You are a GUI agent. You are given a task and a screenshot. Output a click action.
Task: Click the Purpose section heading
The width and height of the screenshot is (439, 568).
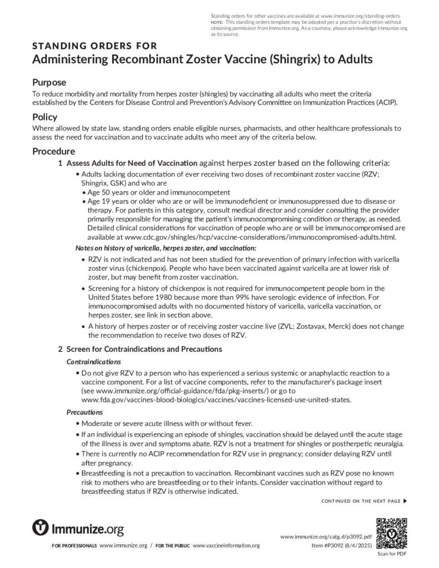pyautogui.click(x=49, y=83)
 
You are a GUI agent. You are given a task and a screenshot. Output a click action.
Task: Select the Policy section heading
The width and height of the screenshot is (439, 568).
pyautogui.click(x=44, y=118)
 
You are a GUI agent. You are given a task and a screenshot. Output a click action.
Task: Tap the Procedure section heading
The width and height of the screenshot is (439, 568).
pyautogui.click(x=53, y=151)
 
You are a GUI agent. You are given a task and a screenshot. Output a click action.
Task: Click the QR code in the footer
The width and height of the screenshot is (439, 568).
pyautogui.click(x=392, y=532)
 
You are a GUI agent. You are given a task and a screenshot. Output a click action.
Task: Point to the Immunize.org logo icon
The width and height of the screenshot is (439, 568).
pyautogui.click(x=41, y=528)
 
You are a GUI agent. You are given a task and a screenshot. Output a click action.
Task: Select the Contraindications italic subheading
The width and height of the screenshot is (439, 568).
pyautogui.click(x=93, y=362)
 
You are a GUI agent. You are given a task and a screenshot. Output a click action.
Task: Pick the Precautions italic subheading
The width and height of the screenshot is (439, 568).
pyautogui.click(x=84, y=412)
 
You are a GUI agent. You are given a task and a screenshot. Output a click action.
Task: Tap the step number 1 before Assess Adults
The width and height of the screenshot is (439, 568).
pyautogui.click(x=60, y=164)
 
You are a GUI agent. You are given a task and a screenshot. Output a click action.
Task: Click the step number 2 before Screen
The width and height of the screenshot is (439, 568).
pyautogui.click(x=60, y=349)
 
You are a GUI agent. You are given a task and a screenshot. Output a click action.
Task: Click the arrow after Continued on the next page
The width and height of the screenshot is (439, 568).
pyautogui.click(x=405, y=501)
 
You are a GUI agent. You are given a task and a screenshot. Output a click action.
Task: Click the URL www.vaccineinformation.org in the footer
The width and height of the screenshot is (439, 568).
pyautogui.click(x=226, y=546)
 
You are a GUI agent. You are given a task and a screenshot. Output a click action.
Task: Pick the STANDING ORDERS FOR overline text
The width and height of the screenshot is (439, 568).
pyautogui.click(x=94, y=46)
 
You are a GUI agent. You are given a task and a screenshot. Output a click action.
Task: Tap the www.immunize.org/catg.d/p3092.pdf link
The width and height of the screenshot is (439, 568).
pyautogui.click(x=326, y=537)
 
